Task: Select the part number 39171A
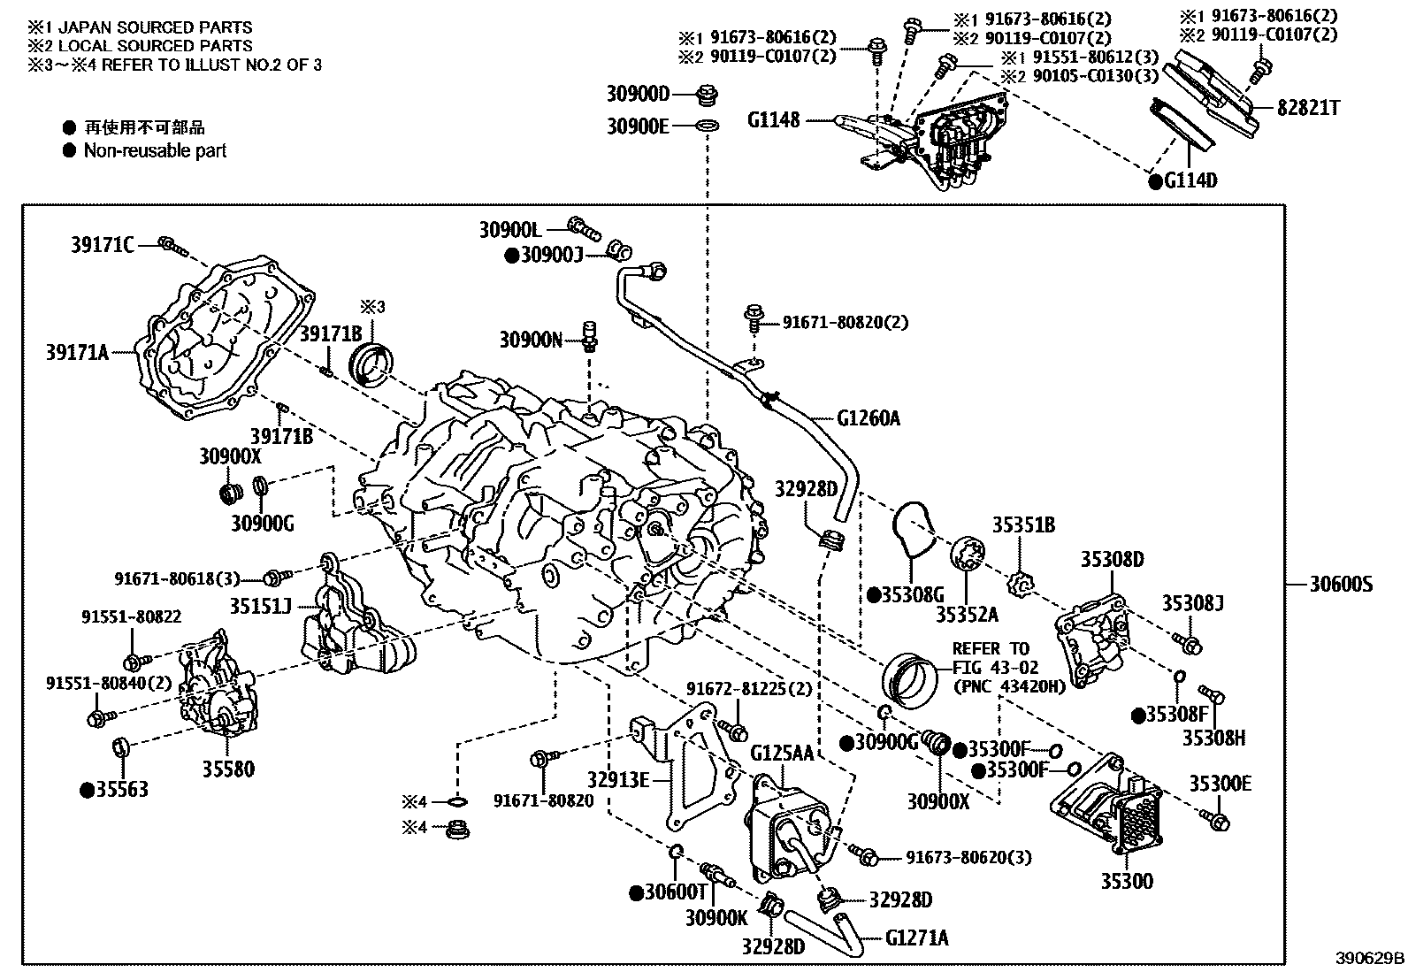pyautogui.click(x=77, y=353)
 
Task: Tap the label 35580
pyautogui.click(x=228, y=769)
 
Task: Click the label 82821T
pyautogui.click(x=1308, y=108)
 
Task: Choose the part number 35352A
pyautogui.click(x=967, y=613)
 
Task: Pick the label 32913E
pyautogui.click(x=618, y=779)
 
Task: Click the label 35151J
pyautogui.click(x=261, y=606)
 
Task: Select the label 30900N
pyautogui.click(x=530, y=339)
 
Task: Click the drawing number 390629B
pyautogui.click(x=1370, y=958)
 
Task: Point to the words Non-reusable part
pyautogui.click(x=155, y=150)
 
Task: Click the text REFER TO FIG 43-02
pyautogui.click(x=991, y=658)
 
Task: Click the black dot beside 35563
pyautogui.click(x=88, y=790)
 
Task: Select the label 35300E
pyautogui.click(x=1220, y=784)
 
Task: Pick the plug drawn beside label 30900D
pyautogui.click(x=708, y=94)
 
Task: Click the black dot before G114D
pyautogui.click(x=1154, y=181)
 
